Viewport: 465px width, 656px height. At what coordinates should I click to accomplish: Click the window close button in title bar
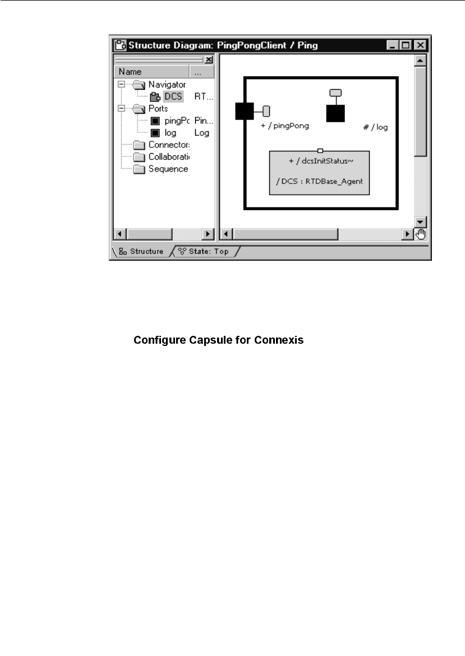[420, 45]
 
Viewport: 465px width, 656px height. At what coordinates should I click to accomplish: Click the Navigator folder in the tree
[167, 85]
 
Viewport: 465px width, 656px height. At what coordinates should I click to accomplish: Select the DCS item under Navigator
[173, 96]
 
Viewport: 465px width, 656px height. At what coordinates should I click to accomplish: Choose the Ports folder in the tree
[158, 109]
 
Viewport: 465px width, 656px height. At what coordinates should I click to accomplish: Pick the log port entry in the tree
[171, 133]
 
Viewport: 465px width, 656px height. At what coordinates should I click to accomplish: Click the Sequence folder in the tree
[168, 169]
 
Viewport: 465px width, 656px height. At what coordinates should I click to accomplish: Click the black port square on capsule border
[245, 111]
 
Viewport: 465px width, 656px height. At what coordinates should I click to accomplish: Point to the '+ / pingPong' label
[284, 126]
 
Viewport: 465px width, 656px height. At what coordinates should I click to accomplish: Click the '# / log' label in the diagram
[375, 127]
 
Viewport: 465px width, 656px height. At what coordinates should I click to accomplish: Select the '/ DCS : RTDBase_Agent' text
[319, 181]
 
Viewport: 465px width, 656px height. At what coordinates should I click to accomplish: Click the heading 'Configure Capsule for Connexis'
[219, 340]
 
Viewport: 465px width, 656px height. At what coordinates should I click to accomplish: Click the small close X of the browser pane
[209, 59]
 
